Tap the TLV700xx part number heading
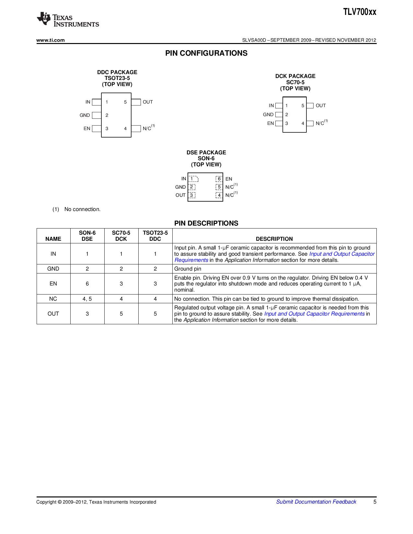[x=360, y=12]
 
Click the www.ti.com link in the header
[x=51, y=40]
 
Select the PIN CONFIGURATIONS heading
[x=206, y=53]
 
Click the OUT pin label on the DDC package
[x=148, y=102]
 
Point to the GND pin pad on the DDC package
[x=97, y=115]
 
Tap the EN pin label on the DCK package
[x=270, y=123]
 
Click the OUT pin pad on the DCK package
[x=310, y=106]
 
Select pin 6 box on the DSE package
[x=219, y=179]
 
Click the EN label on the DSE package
[x=229, y=179]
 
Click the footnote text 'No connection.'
[x=82, y=209]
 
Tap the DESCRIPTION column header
[x=274, y=239]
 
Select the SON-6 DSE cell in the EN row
[x=87, y=284]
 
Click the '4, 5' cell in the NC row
[x=87, y=299]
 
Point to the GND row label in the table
[x=53, y=269]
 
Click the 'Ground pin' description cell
[x=188, y=269]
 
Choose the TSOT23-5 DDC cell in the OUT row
[x=155, y=314]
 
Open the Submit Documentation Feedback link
[x=316, y=502]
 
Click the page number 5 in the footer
[x=375, y=502]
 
